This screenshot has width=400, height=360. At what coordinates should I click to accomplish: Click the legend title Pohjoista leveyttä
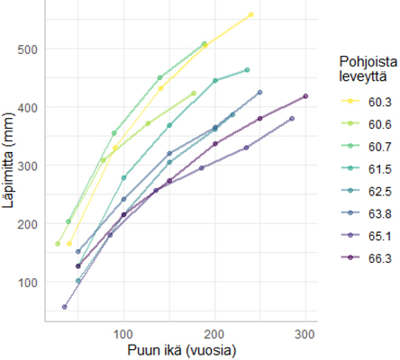pos(368,69)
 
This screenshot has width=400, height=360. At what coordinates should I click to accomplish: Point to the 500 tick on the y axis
pos(27,49)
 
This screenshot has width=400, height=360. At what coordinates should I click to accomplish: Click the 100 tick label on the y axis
pos(27,283)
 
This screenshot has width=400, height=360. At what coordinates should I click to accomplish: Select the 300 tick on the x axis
pos(305,334)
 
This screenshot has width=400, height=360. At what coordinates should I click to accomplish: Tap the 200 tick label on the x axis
pos(214,334)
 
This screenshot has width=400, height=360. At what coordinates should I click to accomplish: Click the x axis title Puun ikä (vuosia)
pos(182,350)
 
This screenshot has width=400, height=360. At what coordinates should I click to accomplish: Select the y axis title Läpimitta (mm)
pos(8,160)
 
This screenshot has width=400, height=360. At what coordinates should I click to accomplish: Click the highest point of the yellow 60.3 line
pos(251,14)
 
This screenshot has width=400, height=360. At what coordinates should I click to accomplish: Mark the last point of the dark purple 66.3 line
pos(305,96)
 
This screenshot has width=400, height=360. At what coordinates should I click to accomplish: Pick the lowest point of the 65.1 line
pos(64,307)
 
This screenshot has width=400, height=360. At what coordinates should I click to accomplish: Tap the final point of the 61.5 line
pos(248,70)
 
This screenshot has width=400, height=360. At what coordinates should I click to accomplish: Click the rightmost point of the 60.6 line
pos(194,94)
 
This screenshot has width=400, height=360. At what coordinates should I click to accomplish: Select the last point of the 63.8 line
pos(260,92)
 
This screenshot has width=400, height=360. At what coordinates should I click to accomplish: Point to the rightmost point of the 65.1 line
pos(292,119)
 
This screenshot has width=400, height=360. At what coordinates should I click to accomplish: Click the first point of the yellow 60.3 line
pos(69,244)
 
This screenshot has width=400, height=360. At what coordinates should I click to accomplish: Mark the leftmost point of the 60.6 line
pos(58,244)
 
